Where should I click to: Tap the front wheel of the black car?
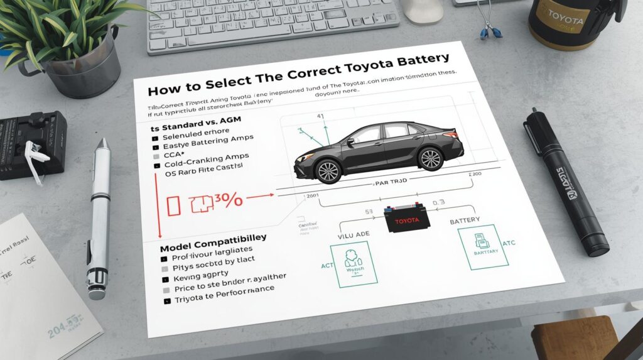pos(328,170)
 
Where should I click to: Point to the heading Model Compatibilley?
pos(213,239)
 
